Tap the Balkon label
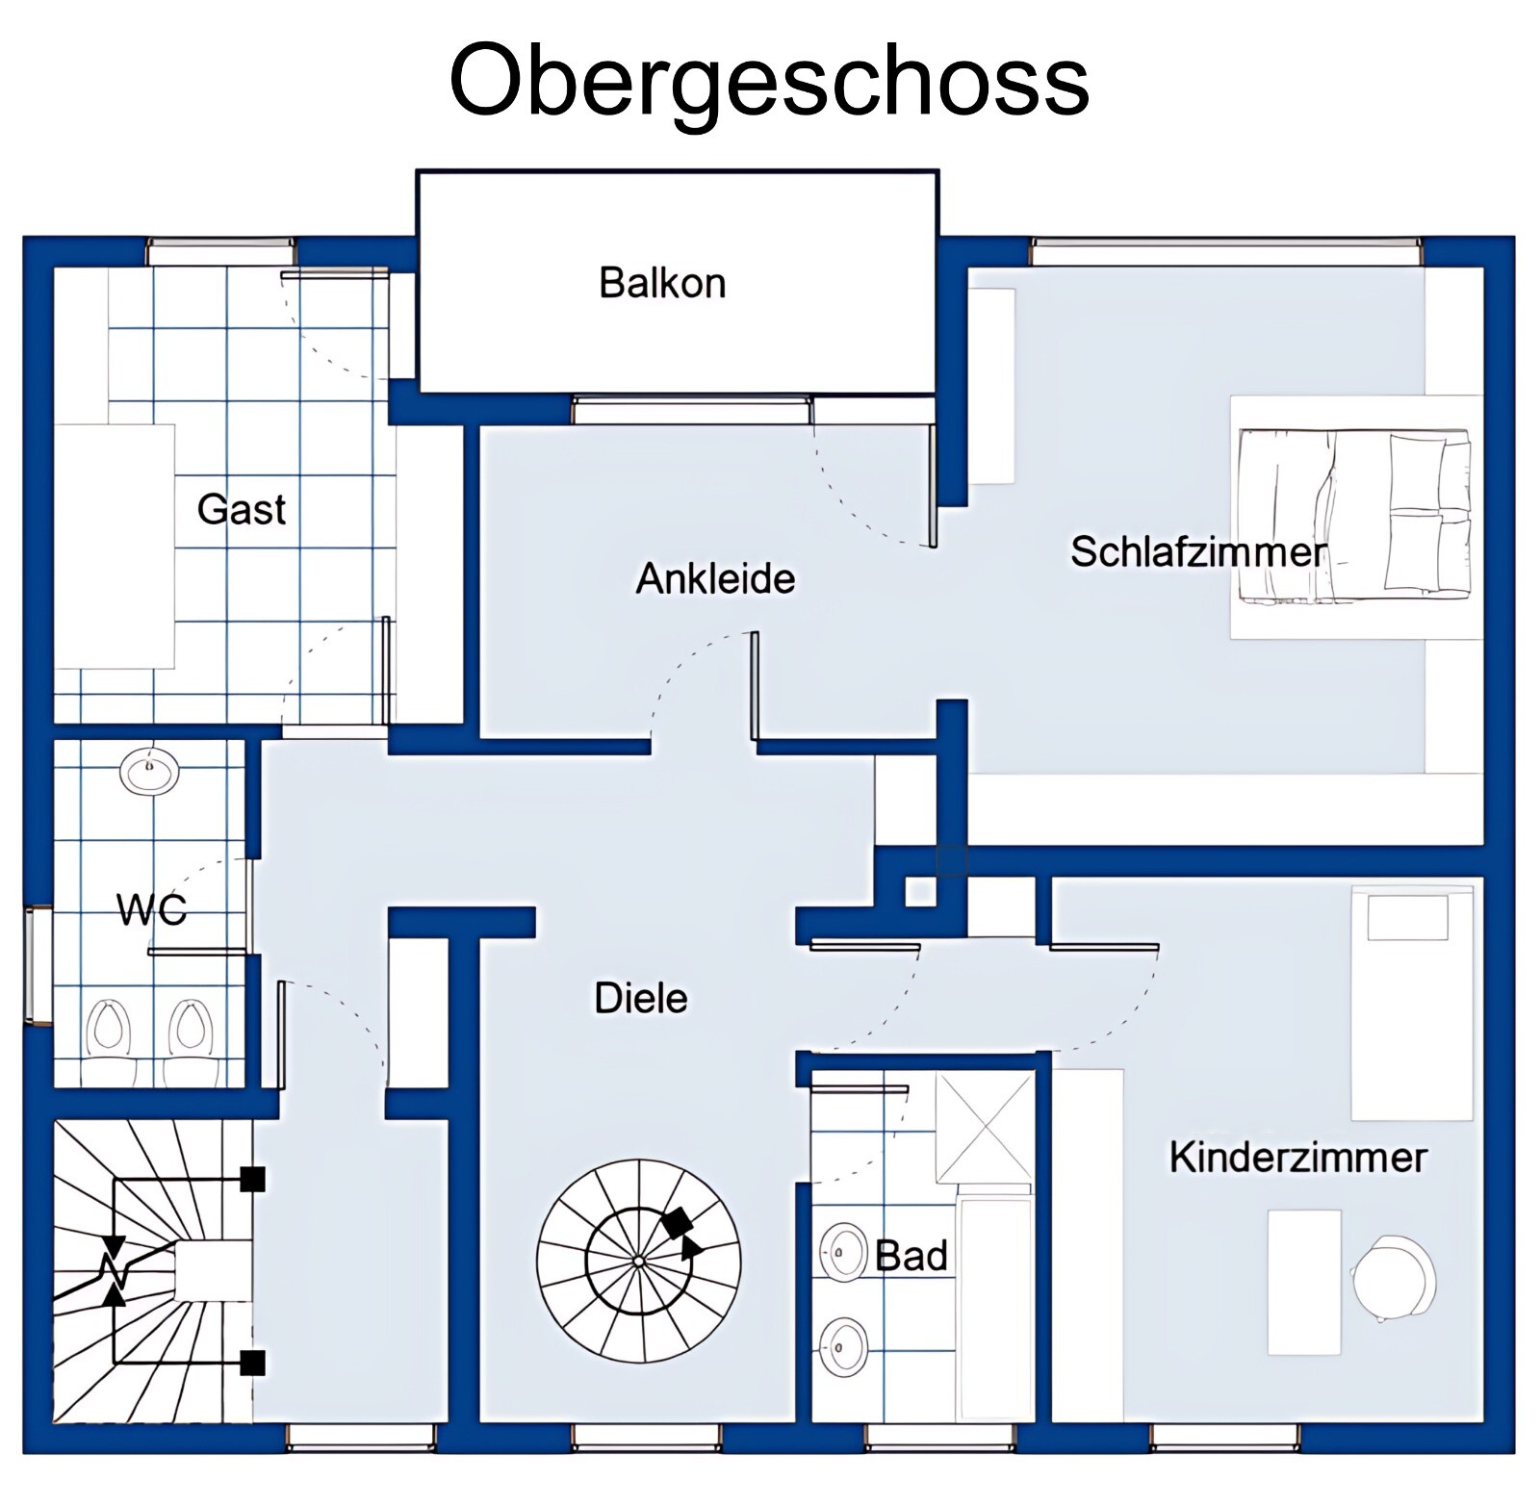(x=662, y=283)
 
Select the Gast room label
(x=242, y=509)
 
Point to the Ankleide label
(x=716, y=578)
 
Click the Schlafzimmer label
(x=1198, y=552)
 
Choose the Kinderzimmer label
(x=1297, y=1157)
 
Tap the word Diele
(x=641, y=998)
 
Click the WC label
(x=152, y=908)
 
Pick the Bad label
(x=911, y=1256)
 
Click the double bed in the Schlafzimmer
(x=1354, y=517)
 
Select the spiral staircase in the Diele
(x=639, y=1261)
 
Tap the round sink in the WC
(x=150, y=771)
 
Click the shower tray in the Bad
(x=985, y=1126)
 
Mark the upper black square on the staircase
(x=252, y=1179)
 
